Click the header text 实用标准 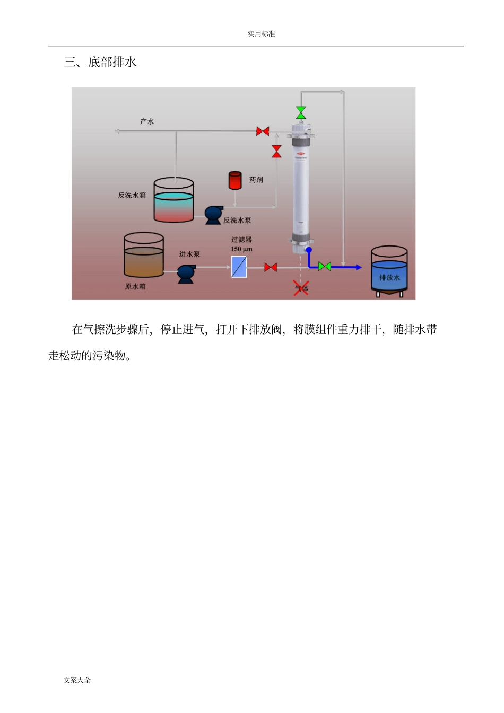[261, 34]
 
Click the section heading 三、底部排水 [100, 63]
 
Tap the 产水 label [147, 122]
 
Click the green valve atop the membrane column [301, 112]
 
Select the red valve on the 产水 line [263, 131]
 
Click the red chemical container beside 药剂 [235, 180]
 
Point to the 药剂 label [256, 180]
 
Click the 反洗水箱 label [132, 196]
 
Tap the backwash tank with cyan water [173, 200]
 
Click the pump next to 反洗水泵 [213, 215]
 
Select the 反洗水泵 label [237, 221]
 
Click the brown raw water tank [144, 256]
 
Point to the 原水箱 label [135, 287]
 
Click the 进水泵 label [189, 254]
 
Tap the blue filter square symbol [239, 267]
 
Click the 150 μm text [241, 249]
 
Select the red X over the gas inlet [301, 288]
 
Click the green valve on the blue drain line [325, 266]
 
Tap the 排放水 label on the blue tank [389, 278]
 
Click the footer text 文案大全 [77, 680]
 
